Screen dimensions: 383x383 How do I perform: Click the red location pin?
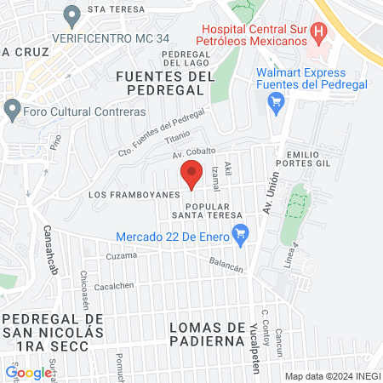click(x=191, y=176)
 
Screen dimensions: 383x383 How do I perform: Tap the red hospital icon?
click(x=319, y=34)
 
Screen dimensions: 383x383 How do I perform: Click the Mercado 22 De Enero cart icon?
click(x=242, y=231)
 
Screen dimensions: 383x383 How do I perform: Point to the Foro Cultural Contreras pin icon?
click(x=12, y=110)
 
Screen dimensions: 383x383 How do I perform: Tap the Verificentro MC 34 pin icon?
click(x=72, y=15)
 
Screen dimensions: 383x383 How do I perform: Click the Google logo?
click(x=28, y=372)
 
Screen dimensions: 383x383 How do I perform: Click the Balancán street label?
click(x=226, y=266)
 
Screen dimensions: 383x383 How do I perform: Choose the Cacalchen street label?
click(x=113, y=286)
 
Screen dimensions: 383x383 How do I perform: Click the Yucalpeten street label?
click(x=254, y=338)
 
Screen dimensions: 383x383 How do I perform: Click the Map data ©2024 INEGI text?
click(x=331, y=375)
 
